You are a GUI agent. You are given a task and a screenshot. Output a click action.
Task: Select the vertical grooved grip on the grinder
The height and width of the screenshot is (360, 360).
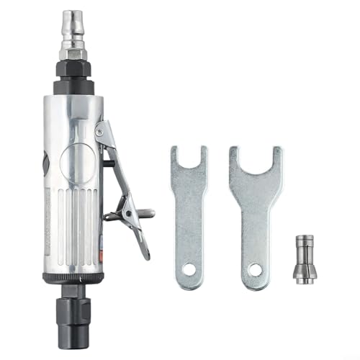76,223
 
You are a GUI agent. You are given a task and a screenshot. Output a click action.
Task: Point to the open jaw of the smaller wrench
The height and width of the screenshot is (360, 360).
189,155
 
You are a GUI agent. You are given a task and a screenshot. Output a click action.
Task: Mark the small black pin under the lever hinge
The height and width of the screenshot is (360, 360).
108,163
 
